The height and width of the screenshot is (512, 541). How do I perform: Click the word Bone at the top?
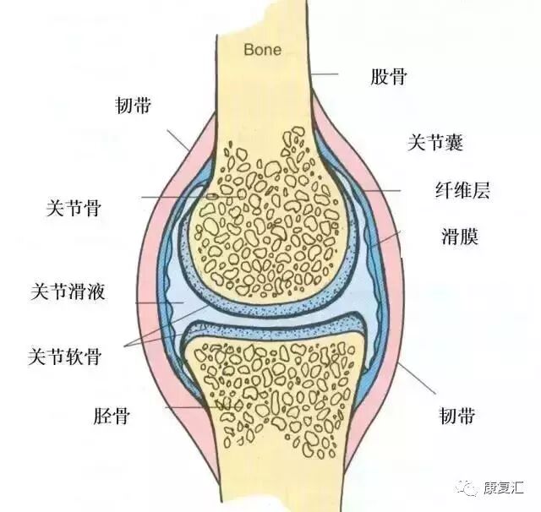point(262,50)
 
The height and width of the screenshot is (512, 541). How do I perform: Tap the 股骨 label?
point(389,77)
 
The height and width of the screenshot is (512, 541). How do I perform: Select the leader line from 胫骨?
point(186,408)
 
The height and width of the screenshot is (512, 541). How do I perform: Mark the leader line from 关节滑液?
point(161,302)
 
